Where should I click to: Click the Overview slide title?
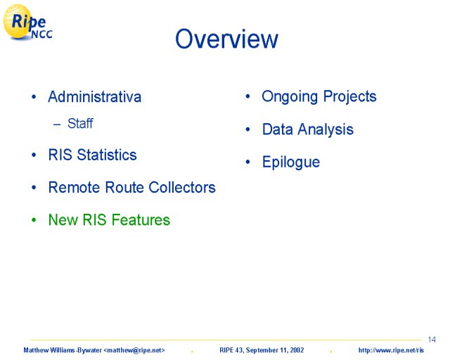pos(226,39)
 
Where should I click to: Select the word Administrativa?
pos(95,96)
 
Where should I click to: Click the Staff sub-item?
pos(80,124)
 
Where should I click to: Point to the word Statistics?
pos(107,155)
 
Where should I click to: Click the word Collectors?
pos(182,187)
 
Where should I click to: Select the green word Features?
pos(141,219)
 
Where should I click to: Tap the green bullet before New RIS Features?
pos(34,220)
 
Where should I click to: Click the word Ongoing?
pos(290,97)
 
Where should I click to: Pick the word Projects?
pos(350,97)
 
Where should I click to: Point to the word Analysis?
pos(326,130)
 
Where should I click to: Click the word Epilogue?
pos(291,162)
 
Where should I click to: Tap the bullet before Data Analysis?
pos(248,129)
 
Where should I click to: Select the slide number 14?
pos(432,340)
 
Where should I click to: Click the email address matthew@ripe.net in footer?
pos(134,350)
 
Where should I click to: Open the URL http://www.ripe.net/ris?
pos(391,350)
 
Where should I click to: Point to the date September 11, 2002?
pos(275,350)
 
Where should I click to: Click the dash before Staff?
pos(57,124)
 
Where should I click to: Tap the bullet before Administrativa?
pos(34,97)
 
